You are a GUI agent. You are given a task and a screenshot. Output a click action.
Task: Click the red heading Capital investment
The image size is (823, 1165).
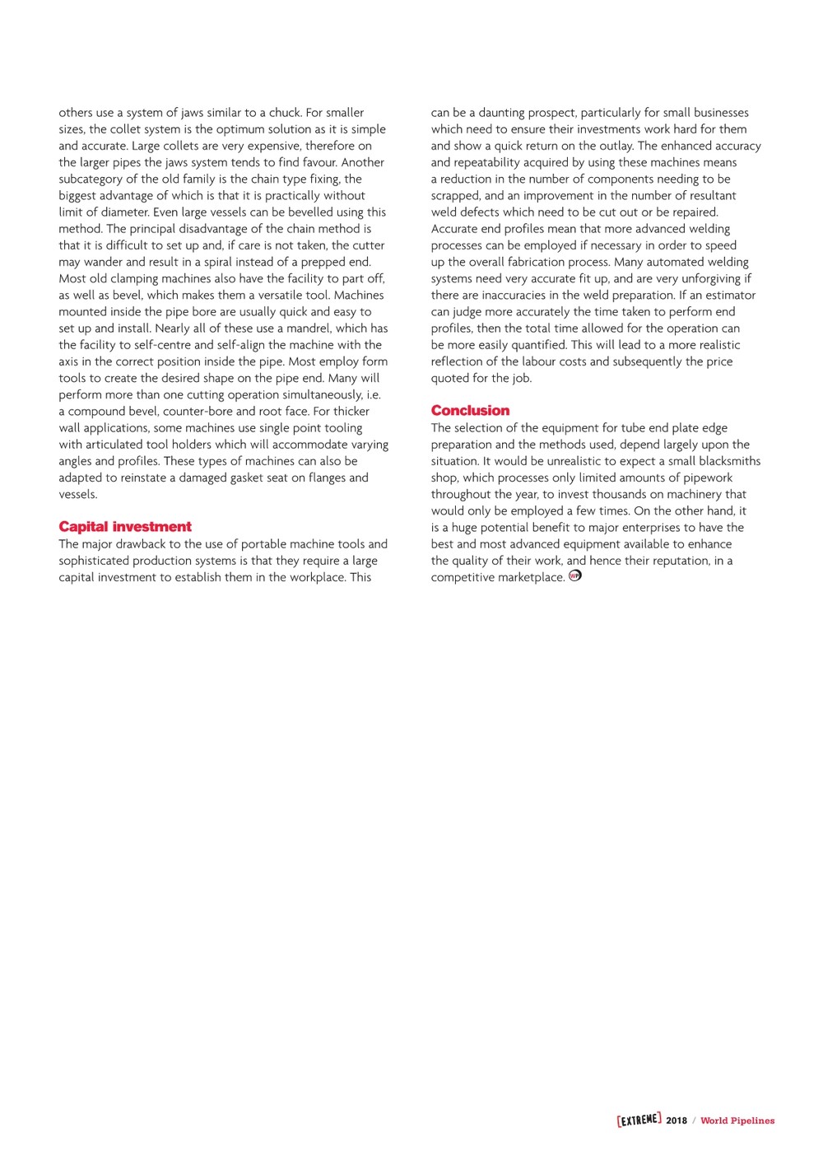pos(125,527)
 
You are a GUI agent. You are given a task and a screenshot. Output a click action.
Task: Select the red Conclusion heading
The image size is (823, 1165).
pos(470,411)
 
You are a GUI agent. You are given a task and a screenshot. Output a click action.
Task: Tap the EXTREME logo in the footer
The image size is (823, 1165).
pos(639,1120)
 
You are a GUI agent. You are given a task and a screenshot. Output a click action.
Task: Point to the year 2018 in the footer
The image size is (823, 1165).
pos(677,1121)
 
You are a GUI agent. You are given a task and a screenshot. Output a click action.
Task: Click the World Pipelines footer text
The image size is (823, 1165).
pos(737,1121)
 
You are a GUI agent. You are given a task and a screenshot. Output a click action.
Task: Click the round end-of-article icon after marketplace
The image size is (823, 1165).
pos(575,576)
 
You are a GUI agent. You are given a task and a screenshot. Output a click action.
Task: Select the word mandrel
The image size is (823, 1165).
pos(305,329)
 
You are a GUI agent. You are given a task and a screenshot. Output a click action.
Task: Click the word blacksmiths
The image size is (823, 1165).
pos(729,461)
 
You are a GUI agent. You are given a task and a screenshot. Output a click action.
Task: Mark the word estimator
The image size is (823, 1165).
pos(729,295)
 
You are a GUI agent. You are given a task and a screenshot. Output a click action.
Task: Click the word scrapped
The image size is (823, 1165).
pos(456,196)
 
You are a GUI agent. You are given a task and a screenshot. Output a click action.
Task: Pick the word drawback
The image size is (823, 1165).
pos(130,544)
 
